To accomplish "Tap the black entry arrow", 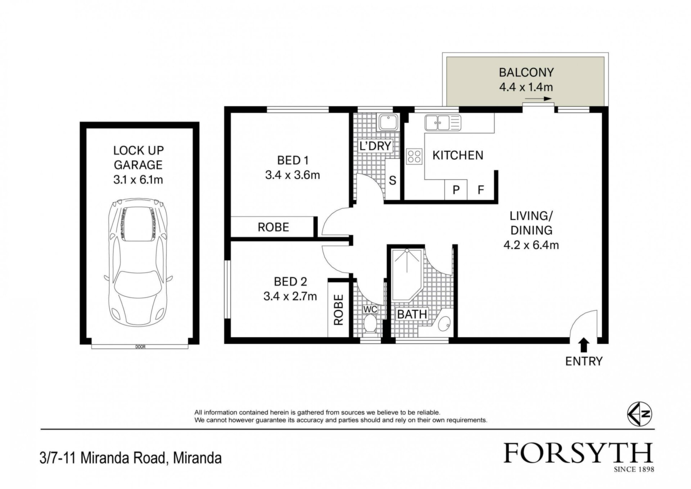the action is [584, 345].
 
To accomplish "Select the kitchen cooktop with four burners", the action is [414, 157].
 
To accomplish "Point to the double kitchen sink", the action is [443, 123].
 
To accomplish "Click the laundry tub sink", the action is [388, 122].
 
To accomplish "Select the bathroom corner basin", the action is [443, 324].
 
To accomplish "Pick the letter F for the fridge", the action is [480, 190].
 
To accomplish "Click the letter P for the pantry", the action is [456, 190].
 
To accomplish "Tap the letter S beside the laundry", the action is [393, 180].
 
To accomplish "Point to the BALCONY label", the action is [526, 72].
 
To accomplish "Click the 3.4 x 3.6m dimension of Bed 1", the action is [293, 175].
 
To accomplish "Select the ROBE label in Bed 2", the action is [339, 310].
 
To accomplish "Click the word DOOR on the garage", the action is [140, 347].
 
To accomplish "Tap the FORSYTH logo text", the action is [578, 453].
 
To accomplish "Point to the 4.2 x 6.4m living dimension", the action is [531, 245].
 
